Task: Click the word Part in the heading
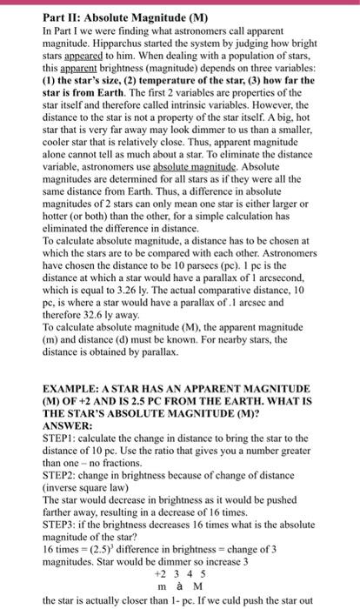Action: coord(30,15)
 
